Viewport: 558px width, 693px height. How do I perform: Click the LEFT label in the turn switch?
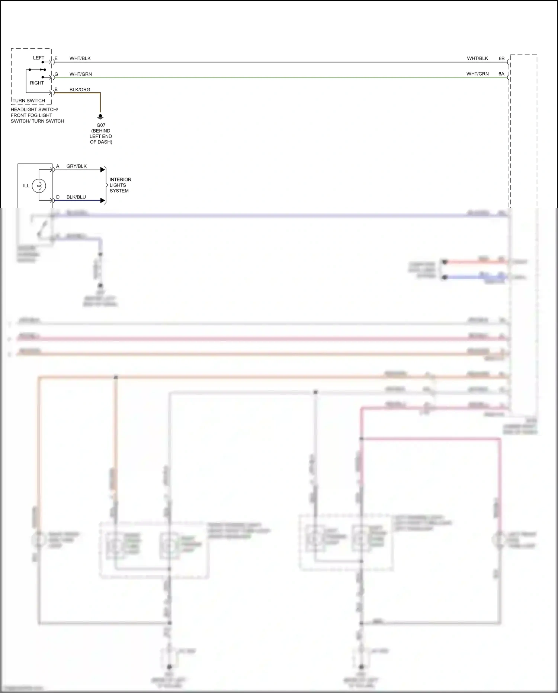click(x=39, y=58)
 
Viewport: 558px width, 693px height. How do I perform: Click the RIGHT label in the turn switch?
click(x=37, y=83)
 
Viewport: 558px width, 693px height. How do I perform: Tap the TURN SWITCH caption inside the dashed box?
click(x=29, y=101)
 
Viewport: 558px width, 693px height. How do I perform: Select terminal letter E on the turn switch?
click(x=56, y=58)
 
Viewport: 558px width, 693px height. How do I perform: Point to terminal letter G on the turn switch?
click(x=56, y=74)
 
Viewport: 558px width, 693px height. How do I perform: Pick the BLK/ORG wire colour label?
click(x=80, y=90)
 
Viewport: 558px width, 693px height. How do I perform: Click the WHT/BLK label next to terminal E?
click(x=80, y=58)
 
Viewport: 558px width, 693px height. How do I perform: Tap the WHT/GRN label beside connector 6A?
click(x=477, y=74)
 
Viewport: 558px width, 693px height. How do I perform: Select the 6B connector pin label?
click(x=501, y=58)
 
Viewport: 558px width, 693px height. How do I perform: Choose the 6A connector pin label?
click(x=501, y=74)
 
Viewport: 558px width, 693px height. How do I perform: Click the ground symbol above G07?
click(x=100, y=117)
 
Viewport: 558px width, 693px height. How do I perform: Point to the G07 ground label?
click(x=101, y=125)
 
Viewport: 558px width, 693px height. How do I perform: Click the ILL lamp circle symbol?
click(x=39, y=185)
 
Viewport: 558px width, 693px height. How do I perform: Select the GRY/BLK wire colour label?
click(x=76, y=166)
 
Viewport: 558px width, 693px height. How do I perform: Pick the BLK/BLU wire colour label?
click(x=76, y=197)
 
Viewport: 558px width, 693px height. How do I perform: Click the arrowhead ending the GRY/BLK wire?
click(x=103, y=170)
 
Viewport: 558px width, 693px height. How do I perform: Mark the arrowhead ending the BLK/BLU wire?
click(x=103, y=200)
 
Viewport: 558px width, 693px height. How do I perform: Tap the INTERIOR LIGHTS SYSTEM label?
click(x=120, y=185)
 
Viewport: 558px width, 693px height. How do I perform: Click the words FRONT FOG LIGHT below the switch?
click(x=31, y=115)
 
